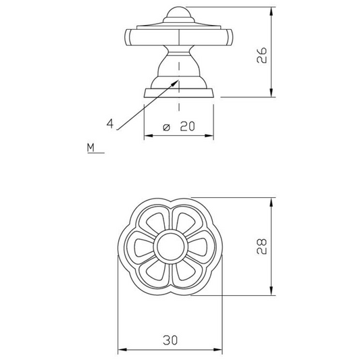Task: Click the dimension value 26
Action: (x=261, y=55)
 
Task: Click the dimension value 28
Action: (x=261, y=247)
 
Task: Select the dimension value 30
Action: (x=170, y=340)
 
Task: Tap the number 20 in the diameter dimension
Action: (x=187, y=126)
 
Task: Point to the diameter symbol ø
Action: (x=166, y=128)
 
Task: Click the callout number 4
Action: (x=110, y=124)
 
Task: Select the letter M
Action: (x=91, y=148)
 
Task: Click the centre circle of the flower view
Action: (x=171, y=247)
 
